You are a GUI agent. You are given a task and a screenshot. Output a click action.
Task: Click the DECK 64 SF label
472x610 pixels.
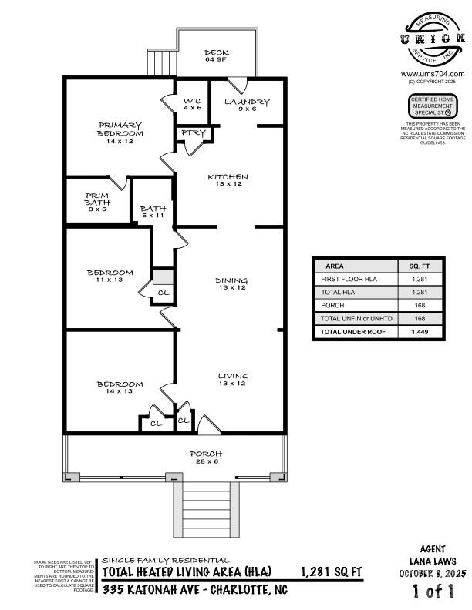pyautogui.click(x=216, y=56)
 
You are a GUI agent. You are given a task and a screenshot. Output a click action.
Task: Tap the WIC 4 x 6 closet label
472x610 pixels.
pyautogui.click(x=192, y=105)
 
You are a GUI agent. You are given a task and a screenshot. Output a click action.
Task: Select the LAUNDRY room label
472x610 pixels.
pyautogui.click(x=247, y=106)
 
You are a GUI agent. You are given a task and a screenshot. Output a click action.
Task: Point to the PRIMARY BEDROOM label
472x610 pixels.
pyautogui.click(x=120, y=133)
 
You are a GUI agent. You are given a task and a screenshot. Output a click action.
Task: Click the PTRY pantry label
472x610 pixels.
pyautogui.click(x=194, y=133)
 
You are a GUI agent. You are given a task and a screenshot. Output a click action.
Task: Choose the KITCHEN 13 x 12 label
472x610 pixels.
pyautogui.click(x=228, y=181)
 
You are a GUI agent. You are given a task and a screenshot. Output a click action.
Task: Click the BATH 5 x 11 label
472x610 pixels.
pyautogui.click(x=153, y=212)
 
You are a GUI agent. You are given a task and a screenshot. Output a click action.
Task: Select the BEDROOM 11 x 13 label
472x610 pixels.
pyautogui.click(x=110, y=277)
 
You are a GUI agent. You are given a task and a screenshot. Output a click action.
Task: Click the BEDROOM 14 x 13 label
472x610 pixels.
pyautogui.click(x=120, y=388)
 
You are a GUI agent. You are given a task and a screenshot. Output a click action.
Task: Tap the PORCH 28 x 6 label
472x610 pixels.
pyautogui.click(x=206, y=457)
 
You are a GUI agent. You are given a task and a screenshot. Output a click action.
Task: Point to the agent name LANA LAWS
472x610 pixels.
pyautogui.click(x=433, y=561)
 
